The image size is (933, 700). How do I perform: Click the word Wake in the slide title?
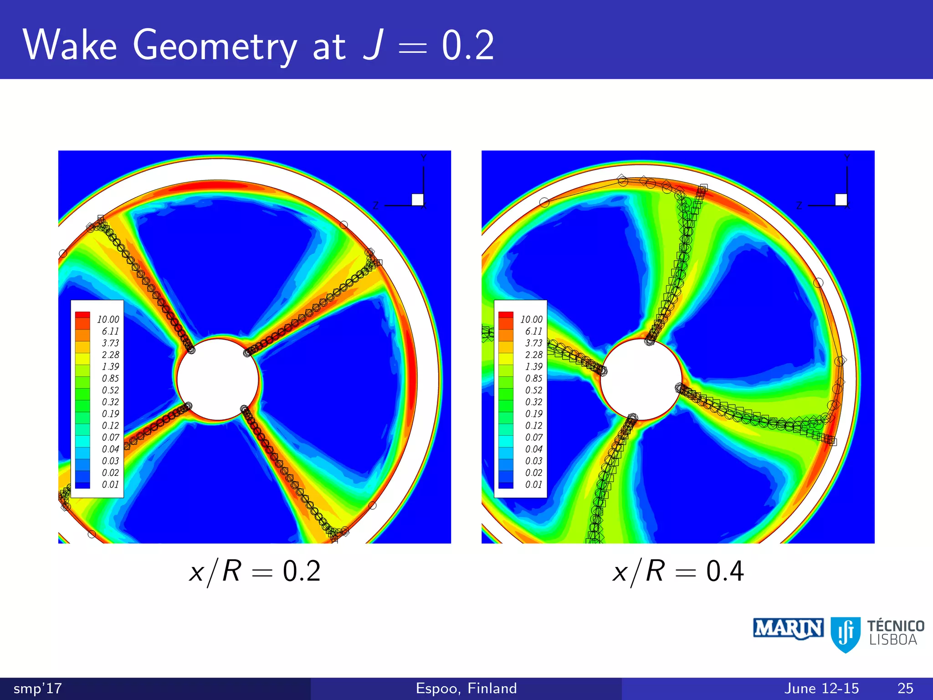[x=70, y=45]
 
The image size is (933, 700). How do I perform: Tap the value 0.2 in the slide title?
[x=467, y=45]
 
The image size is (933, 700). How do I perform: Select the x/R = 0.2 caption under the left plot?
[x=255, y=571]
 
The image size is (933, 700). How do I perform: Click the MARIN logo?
[x=788, y=628]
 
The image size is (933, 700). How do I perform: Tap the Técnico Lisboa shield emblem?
[x=846, y=634]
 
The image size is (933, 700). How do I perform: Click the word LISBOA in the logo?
[x=893, y=640]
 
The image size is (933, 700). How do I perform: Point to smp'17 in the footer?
[x=37, y=688]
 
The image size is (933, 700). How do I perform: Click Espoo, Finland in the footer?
[x=466, y=688]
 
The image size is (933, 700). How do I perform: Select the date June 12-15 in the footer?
[x=821, y=688]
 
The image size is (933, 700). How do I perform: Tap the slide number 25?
[x=905, y=688]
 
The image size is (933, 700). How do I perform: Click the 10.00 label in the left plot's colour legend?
[x=108, y=319]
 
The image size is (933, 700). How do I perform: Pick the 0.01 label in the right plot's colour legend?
[x=533, y=484]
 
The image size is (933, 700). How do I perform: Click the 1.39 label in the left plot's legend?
[x=110, y=367]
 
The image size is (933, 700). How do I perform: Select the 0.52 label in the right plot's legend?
[x=533, y=390]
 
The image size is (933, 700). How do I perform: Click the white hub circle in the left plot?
[x=218, y=379]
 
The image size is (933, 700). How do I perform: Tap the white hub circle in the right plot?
[x=641, y=379]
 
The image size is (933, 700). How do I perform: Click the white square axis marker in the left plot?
[x=417, y=200]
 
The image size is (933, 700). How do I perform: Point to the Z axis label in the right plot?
[x=799, y=206]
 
